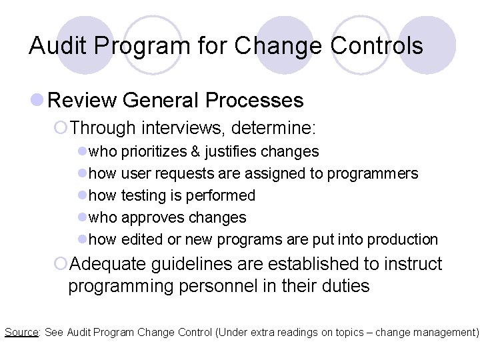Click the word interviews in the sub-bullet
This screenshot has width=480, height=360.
(x=178, y=127)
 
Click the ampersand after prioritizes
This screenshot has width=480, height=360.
(x=195, y=152)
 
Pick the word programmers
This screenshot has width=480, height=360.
(x=379, y=174)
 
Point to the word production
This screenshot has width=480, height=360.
(x=403, y=239)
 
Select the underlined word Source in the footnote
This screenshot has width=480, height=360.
(x=21, y=332)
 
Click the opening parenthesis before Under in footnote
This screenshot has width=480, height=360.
(x=217, y=332)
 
